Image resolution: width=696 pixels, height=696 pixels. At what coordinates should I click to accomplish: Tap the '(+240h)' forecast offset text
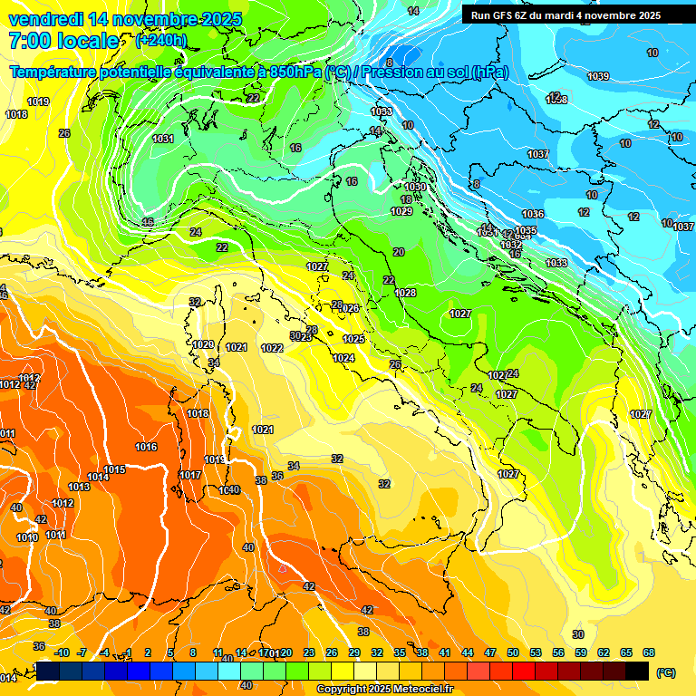tap(161, 40)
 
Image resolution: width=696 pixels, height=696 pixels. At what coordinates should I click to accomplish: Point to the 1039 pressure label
tap(598, 77)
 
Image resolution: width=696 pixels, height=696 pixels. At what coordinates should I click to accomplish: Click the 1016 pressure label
tap(146, 447)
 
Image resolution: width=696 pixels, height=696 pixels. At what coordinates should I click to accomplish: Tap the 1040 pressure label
tap(229, 490)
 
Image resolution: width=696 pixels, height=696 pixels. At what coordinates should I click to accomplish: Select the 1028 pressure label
tap(405, 293)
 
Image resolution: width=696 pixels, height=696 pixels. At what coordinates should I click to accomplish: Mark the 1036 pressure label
tap(533, 214)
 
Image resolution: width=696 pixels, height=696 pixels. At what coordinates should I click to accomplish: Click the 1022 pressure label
tap(272, 348)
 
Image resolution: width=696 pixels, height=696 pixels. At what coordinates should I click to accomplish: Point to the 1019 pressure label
tap(38, 101)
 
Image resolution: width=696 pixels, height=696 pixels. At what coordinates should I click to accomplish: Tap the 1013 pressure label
tap(79, 487)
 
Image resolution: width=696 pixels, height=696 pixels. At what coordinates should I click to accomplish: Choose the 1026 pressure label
tap(349, 308)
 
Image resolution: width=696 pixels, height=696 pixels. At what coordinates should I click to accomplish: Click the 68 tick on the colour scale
tap(649, 652)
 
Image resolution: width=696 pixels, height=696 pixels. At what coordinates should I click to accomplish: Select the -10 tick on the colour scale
tap(62, 652)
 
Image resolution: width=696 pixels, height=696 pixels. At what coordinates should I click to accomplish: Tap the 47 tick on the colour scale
tap(490, 652)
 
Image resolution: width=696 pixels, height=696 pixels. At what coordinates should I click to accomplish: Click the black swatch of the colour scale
tap(637, 671)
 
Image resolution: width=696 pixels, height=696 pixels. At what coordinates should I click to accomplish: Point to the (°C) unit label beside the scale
tap(666, 672)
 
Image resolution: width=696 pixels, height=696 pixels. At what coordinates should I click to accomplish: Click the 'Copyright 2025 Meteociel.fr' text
tap(385, 689)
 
